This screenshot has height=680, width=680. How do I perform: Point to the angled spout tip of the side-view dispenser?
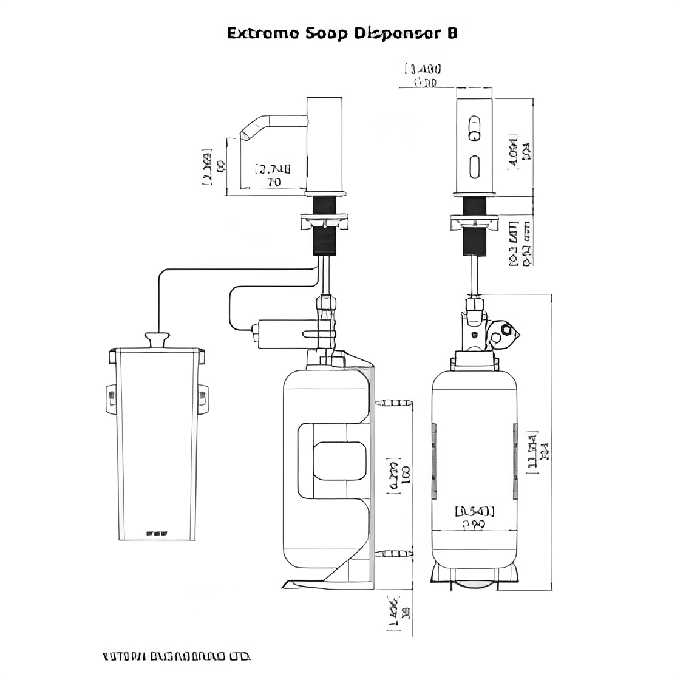(245, 134)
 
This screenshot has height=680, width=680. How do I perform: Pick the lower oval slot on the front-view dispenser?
(474, 165)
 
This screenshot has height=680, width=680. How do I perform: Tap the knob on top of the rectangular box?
(157, 339)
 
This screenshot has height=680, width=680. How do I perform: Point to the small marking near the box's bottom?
(157, 534)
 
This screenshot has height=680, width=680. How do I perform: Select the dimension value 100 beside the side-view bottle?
(404, 474)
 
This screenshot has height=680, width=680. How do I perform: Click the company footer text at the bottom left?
(176, 656)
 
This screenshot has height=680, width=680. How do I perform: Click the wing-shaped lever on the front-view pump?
(503, 333)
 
